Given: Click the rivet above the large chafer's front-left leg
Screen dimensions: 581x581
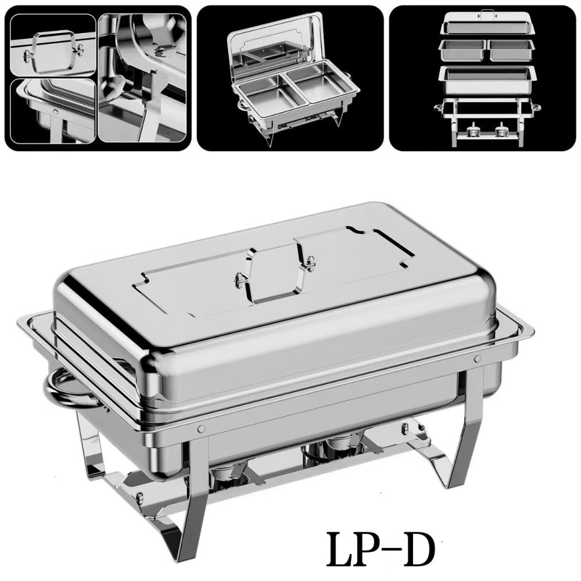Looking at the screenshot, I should coord(201,428).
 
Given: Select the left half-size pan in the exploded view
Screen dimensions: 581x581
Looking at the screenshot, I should coord(461,50).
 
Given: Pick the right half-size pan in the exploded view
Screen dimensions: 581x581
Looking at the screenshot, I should coord(509,50).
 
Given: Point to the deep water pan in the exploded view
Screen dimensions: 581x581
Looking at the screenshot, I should coord(485,78).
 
